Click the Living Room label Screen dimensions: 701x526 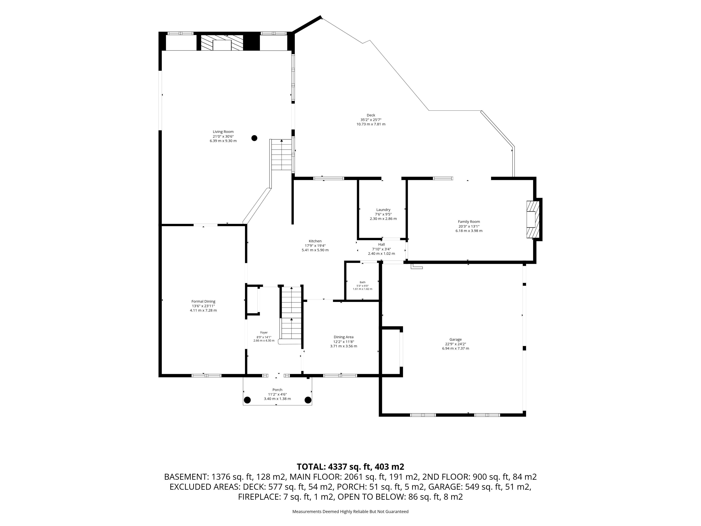tap(223, 131)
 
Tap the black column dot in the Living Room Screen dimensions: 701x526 tap(254, 138)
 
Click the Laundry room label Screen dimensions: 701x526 tap(383, 209)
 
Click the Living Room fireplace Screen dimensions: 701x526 tap(222, 43)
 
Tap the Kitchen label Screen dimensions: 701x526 tap(315, 241)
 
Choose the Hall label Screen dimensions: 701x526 tap(382, 244)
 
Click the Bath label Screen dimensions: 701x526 tap(363, 282)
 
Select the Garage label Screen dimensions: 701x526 tap(455, 339)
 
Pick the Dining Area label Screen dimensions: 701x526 tap(344, 337)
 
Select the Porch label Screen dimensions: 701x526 tap(277, 390)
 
